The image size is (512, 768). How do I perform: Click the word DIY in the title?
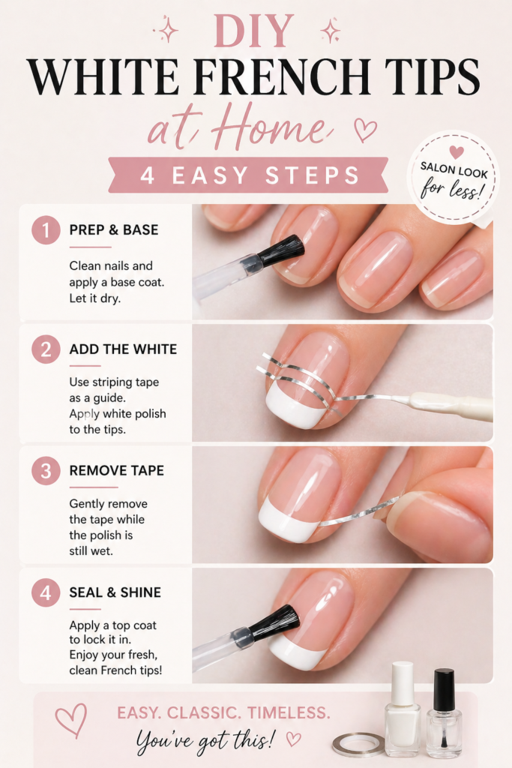tap(253, 31)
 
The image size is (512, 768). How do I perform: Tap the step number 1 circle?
tap(46, 230)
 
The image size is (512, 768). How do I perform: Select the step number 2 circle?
tap(46, 349)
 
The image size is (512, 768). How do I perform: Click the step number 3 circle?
tap(46, 471)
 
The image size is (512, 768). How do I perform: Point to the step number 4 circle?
tap(46, 592)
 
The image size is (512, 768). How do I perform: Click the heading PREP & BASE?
tap(113, 229)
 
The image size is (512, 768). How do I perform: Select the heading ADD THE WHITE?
tap(123, 349)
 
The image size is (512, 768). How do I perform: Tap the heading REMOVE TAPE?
tap(116, 471)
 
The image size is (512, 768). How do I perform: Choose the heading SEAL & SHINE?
tap(115, 592)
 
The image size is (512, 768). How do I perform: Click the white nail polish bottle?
tap(403, 709)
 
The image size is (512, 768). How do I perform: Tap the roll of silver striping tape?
tap(359, 745)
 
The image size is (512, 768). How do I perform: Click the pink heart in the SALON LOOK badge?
tap(457, 151)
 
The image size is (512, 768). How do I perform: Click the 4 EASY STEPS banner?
tap(248, 175)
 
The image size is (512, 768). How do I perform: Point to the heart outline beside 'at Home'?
tap(365, 130)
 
